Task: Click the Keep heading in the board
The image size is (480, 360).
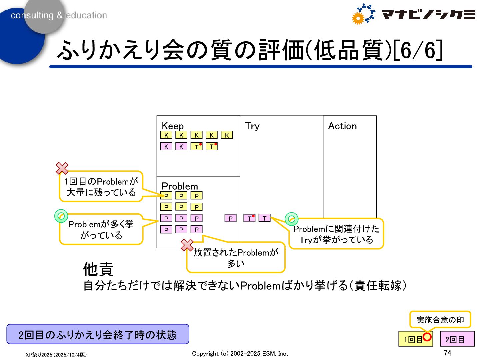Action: click(x=172, y=126)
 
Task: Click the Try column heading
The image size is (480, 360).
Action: click(x=252, y=126)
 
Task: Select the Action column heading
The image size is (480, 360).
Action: click(x=342, y=126)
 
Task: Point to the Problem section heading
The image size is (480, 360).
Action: click(x=180, y=186)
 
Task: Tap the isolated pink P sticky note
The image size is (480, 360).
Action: click(x=230, y=218)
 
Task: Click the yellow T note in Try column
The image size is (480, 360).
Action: click(x=249, y=218)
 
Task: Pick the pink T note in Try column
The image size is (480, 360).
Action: click(x=264, y=218)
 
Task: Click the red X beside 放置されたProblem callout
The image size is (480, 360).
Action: click(x=187, y=245)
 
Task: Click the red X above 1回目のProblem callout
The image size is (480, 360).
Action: click(x=62, y=168)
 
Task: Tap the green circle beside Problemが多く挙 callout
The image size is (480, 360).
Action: click(x=61, y=216)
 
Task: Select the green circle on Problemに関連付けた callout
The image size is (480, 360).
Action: click(x=292, y=219)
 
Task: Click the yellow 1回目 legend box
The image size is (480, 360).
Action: click(x=413, y=339)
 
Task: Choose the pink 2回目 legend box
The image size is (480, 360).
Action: click(x=457, y=339)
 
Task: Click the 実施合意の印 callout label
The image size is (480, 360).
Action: click(x=440, y=320)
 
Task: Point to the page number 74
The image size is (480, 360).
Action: click(x=447, y=353)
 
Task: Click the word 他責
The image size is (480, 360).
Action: click(x=98, y=269)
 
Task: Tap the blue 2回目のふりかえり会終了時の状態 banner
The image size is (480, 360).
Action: click(x=98, y=334)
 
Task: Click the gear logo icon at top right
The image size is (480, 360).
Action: click(x=363, y=14)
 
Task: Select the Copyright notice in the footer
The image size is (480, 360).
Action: click(x=240, y=353)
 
